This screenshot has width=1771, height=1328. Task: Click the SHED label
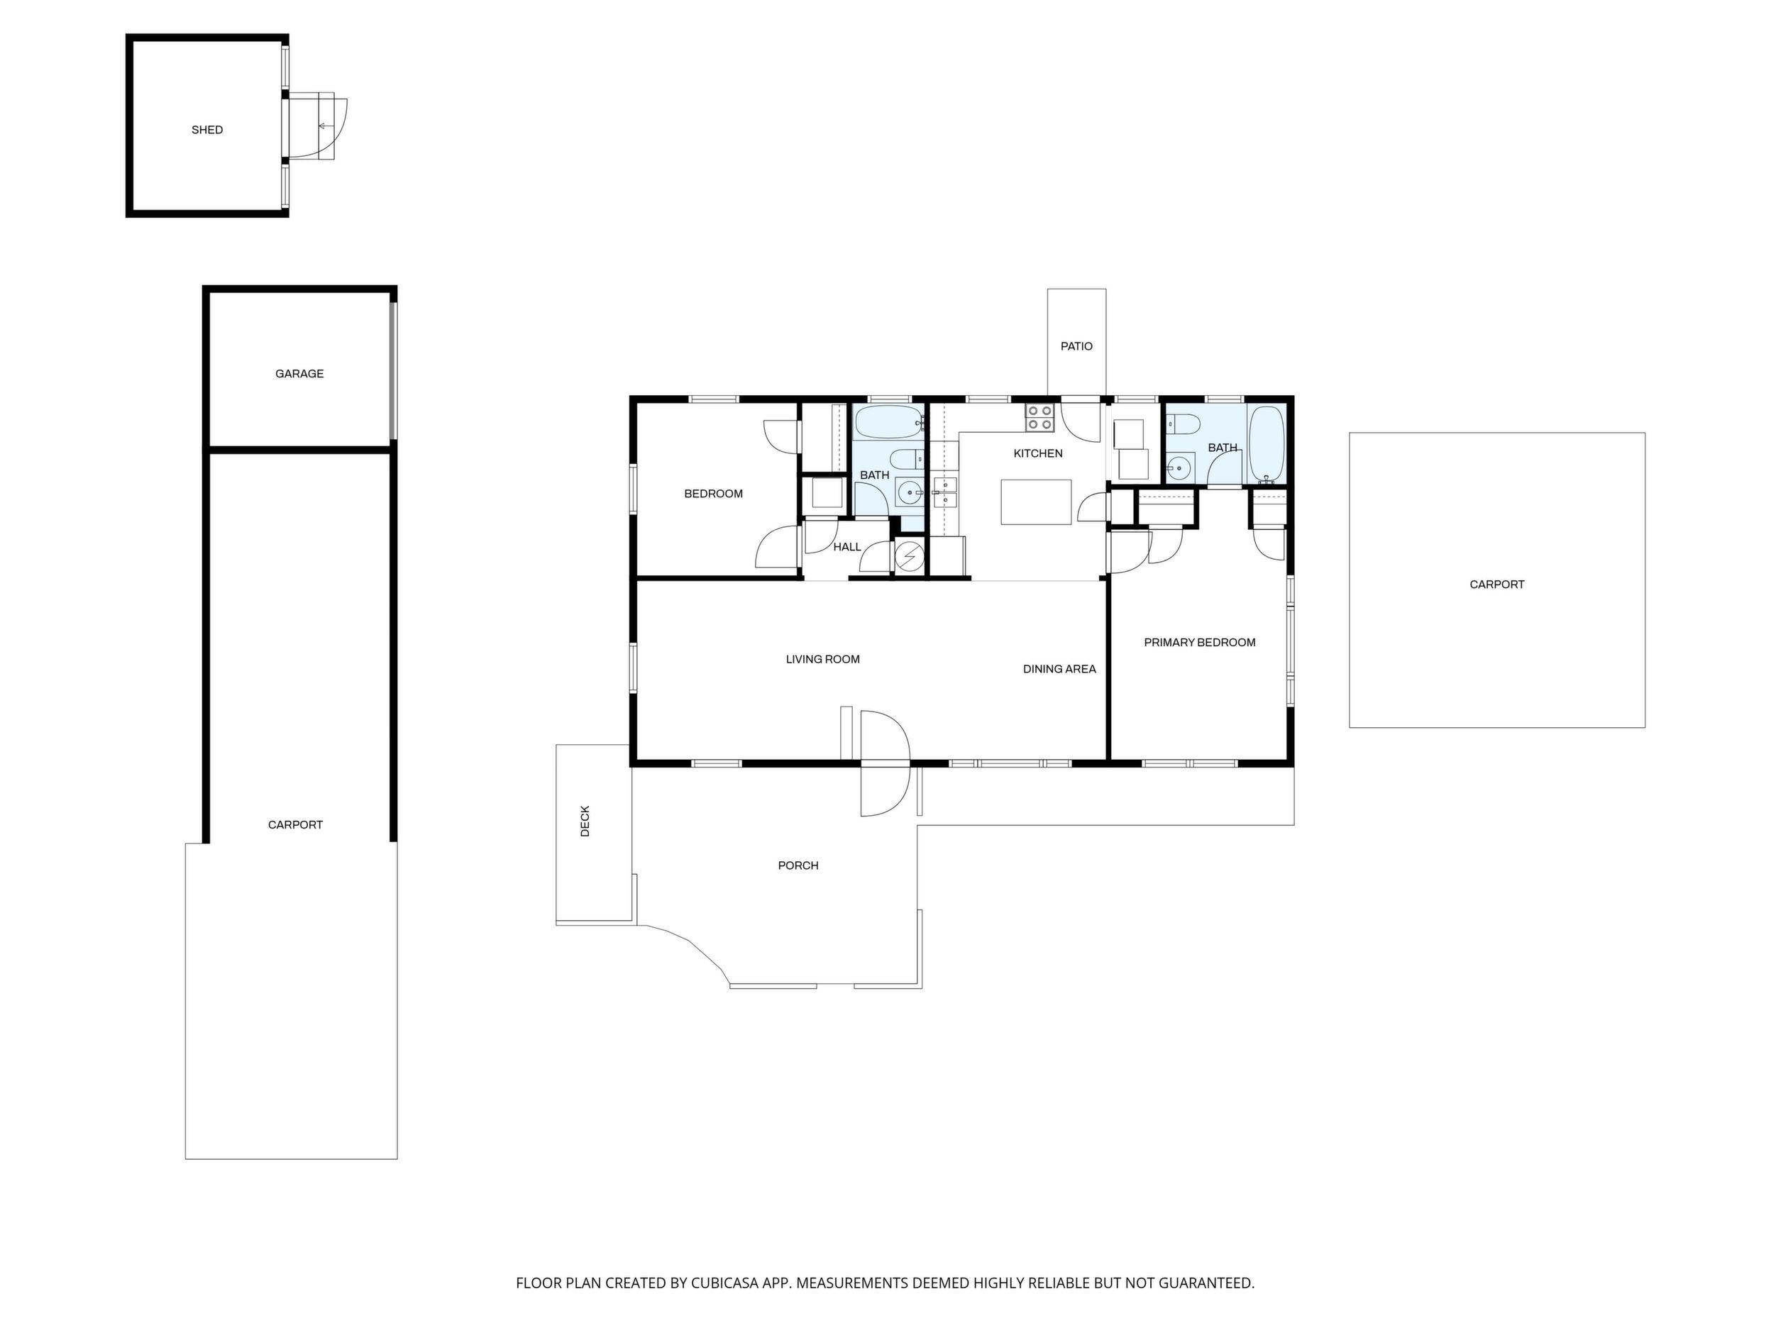click(206, 130)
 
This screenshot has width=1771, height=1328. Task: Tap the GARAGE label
click(299, 374)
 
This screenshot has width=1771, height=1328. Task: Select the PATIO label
click(1076, 347)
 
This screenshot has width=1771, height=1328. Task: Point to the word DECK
click(585, 821)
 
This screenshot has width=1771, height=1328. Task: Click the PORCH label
click(798, 865)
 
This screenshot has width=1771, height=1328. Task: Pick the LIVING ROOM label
click(822, 660)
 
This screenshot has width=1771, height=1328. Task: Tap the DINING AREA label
click(1059, 669)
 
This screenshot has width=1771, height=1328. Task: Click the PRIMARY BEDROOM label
click(1199, 643)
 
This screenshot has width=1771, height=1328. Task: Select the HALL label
click(847, 548)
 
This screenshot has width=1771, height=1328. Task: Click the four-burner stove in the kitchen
click(1039, 418)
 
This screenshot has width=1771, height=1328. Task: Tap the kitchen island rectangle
click(1036, 502)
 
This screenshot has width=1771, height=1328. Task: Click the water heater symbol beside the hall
click(909, 555)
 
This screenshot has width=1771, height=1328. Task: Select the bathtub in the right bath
click(1267, 445)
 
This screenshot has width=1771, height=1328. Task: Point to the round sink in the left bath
click(909, 493)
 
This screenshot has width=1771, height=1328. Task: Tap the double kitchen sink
click(945, 492)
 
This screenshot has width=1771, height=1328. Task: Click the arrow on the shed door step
click(325, 126)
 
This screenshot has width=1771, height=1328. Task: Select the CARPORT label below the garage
click(295, 825)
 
